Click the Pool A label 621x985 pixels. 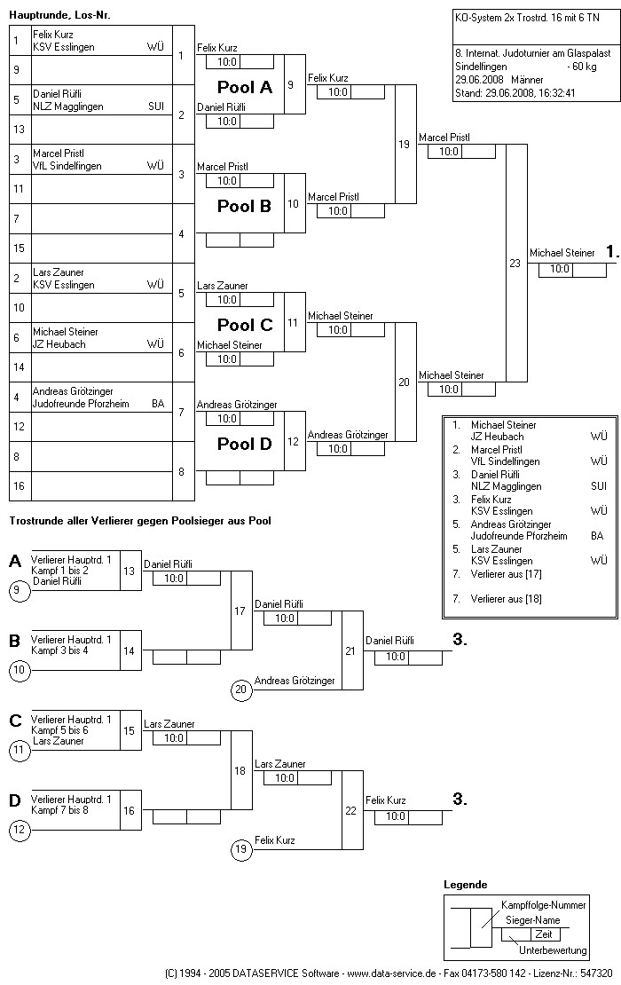point(245,87)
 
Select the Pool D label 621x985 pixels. point(245,444)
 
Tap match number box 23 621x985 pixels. point(515,263)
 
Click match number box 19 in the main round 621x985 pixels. point(404,144)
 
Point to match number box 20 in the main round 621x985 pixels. point(404,382)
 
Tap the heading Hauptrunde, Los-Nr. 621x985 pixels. point(59,16)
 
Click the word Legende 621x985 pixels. point(465,885)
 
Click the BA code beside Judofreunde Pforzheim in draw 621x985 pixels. point(158,404)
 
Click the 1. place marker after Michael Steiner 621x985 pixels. point(611,253)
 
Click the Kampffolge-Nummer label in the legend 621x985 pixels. point(544,904)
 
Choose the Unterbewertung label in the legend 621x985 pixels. point(553,950)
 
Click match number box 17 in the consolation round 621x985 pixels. point(240,611)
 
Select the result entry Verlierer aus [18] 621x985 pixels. point(506,599)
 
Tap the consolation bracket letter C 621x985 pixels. point(14,721)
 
